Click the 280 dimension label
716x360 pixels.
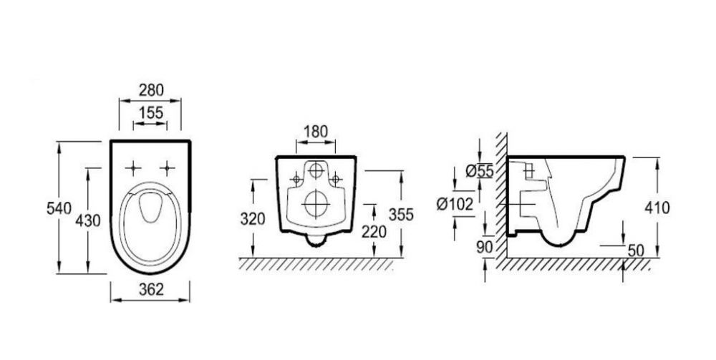pos(150,90)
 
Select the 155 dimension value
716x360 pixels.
pos(150,112)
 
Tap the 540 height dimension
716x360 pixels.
pos(59,208)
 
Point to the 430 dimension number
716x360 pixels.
pos(88,220)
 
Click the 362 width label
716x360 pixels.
pos(150,289)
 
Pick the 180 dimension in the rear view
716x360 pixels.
pos(316,132)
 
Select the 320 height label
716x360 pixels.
pos(253,219)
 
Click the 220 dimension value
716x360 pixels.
pos(374,232)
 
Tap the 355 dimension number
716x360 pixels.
pos(401,214)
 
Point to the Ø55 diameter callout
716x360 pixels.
pos(480,171)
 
